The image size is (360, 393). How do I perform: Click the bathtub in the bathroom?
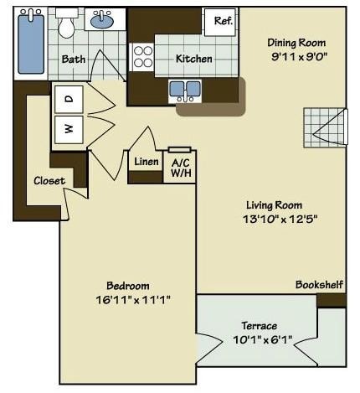pos(31,41)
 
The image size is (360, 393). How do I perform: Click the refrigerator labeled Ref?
pos(223,21)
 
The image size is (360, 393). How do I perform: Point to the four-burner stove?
pos(143,56)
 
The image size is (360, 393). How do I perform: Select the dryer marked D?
pos(69,99)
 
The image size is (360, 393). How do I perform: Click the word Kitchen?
pos(194,59)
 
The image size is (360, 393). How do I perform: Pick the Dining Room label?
pos(296,43)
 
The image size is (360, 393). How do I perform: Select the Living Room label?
pos(274,204)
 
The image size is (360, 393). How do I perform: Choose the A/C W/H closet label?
pos(180,168)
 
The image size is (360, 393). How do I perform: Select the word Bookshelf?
pos(319,285)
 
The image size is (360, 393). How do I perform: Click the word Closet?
pos(49,180)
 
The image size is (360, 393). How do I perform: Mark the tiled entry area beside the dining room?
pos(323,127)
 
